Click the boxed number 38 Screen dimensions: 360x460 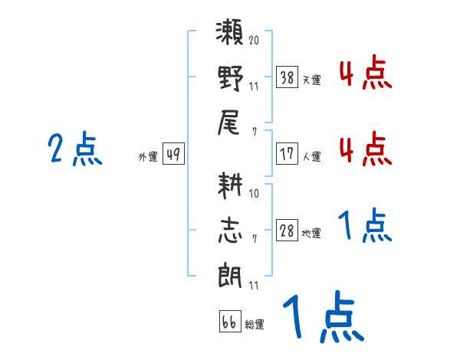[287, 77]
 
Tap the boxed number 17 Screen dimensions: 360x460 [287, 153]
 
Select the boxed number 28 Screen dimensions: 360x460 [287, 231]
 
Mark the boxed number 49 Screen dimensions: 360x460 [173, 155]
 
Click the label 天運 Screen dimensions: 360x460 [310, 80]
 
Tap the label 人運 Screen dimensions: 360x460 [310, 156]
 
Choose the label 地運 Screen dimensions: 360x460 [310, 234]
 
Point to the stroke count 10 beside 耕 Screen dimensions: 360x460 [255, 193]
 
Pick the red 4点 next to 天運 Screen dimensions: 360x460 [365, 74]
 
